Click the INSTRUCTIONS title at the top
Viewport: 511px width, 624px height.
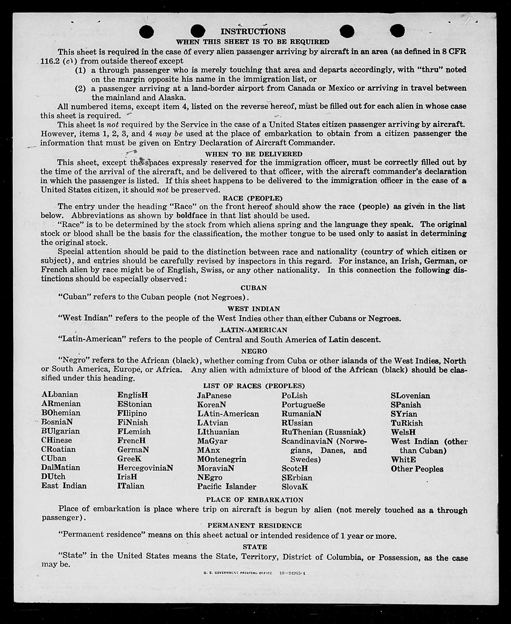tap(253, 31)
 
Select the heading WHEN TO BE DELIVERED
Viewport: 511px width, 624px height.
tap(254, 154)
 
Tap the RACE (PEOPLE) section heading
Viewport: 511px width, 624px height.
tap(253, 198)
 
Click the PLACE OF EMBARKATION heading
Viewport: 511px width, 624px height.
tap(255, 500)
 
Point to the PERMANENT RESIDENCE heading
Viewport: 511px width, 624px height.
tap(255, 525)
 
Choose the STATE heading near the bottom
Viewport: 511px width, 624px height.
tap(255, 547)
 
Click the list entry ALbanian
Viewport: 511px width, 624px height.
tap(60, 394)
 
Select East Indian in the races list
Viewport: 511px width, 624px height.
tap(64, 486)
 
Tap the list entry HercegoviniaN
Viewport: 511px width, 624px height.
tap(145, 468)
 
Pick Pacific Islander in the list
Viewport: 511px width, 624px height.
tap(227, 487)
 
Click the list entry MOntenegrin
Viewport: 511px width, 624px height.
tap(221, 459)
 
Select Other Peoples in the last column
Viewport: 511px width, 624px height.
tap(417, 469)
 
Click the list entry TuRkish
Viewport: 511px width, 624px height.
tap(407, 423)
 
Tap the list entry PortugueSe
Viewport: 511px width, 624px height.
tap(303, 405)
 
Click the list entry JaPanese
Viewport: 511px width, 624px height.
tap(214, 396)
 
